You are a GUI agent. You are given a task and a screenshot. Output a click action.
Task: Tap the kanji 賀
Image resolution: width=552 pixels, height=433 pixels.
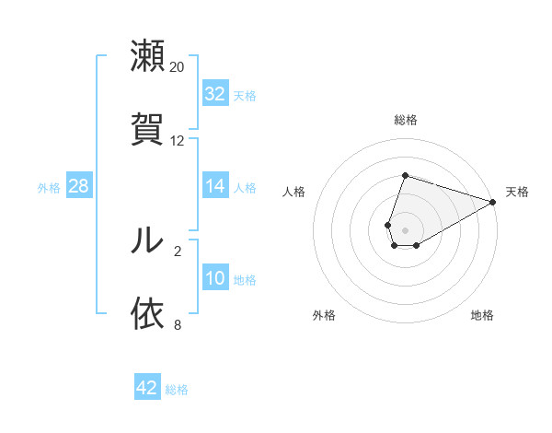coord(147,128)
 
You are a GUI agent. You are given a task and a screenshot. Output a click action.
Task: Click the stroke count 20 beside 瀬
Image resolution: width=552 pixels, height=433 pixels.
coord(178,67)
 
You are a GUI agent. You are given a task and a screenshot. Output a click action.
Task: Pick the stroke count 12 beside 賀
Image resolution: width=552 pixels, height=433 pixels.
coord(178,141)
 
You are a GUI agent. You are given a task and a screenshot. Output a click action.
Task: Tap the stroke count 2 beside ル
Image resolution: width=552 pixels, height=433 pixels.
coord(178,251)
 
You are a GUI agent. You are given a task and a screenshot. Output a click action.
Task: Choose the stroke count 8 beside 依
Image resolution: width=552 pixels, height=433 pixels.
coord(178,324)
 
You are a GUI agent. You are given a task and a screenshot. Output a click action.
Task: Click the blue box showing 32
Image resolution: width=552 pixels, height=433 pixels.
coord(215,94)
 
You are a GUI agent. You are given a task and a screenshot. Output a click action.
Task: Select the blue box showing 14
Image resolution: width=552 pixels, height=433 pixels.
coord(215,186)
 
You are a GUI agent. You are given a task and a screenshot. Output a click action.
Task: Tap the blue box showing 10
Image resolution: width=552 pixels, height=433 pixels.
coord(215,278)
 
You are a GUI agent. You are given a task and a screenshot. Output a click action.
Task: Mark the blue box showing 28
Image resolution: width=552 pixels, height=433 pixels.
coord(79,186)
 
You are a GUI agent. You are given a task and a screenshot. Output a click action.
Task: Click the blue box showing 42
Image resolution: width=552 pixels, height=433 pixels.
coord(147,388)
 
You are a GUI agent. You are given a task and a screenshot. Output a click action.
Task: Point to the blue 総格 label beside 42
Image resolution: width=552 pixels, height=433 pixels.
coord(177,390)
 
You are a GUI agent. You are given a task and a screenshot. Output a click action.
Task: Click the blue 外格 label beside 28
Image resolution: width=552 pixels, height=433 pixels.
coord(49,188)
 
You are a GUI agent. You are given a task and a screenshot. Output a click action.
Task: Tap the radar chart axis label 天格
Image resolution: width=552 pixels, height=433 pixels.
coord(517,192)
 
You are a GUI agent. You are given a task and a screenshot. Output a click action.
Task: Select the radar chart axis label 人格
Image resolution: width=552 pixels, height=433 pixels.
coord(294,192)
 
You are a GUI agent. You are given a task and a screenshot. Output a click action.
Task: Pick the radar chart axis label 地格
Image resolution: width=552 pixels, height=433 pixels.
coord(482,315)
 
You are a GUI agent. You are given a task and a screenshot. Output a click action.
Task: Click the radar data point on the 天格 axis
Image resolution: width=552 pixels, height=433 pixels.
coord(493,202)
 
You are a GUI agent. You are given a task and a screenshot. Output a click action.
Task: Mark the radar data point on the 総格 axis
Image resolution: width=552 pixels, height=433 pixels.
coord(405,175)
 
